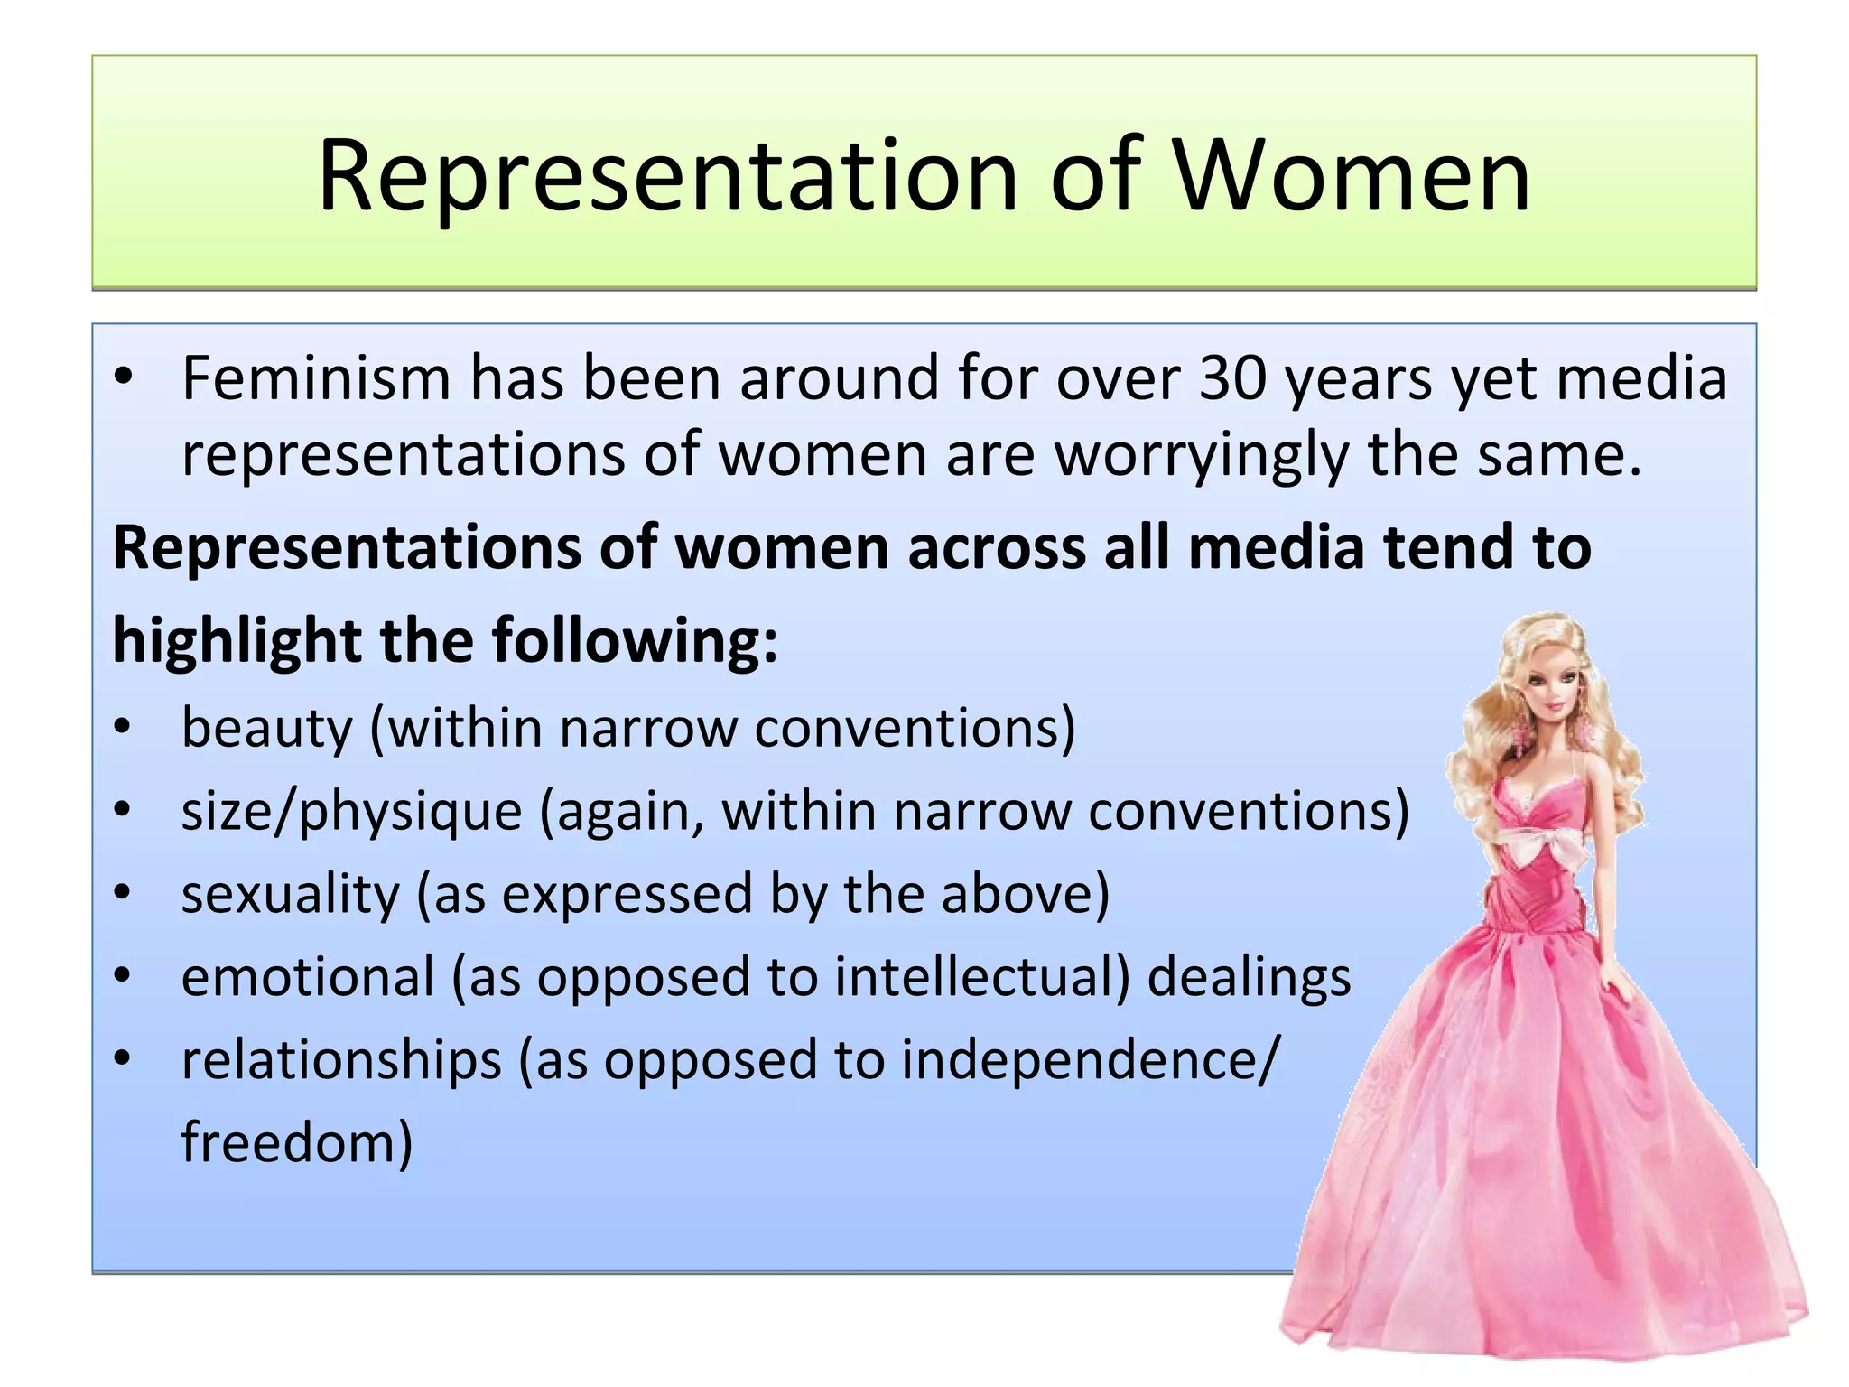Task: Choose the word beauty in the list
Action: click(x=266, y=728)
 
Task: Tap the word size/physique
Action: click(x=351, y=811)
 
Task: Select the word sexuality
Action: click(x=290, y=894)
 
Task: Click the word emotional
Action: click(x=308, y=977)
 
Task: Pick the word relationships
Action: click(x=341, y=1060)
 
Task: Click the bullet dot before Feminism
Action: click(x=124, y=377)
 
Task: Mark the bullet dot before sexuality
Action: click(x=124, y=894)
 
